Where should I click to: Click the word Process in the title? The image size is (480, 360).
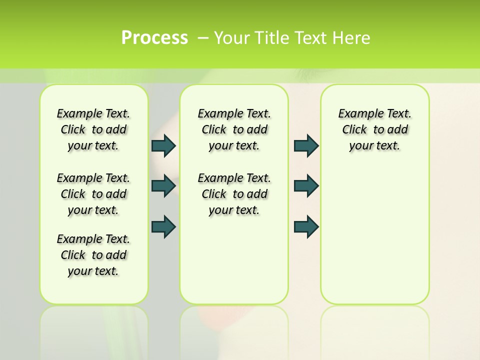coord(154,37)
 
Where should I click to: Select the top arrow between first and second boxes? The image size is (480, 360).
coord(163,146)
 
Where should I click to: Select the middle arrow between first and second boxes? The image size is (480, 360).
coord(163,186)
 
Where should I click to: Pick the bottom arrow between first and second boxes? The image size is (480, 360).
coord(163,226)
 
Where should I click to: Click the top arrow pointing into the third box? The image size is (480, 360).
coord(306,146)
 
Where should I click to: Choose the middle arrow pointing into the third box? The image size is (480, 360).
coord(306,186)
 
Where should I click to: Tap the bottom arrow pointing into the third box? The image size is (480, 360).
coord(306,226)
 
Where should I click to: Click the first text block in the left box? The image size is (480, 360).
coord(93,129)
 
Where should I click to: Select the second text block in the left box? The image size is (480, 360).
coord(93,194)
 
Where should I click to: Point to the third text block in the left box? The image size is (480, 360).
coord(93,255)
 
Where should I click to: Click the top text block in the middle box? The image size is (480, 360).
coord(234,129)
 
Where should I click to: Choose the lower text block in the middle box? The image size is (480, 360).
coord(234,194)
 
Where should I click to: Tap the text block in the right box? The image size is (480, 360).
coord(374,129)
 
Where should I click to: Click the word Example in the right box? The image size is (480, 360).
coord(356,114)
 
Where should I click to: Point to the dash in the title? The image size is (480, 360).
coord(203,37)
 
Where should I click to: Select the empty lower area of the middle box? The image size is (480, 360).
coord(234,260)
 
